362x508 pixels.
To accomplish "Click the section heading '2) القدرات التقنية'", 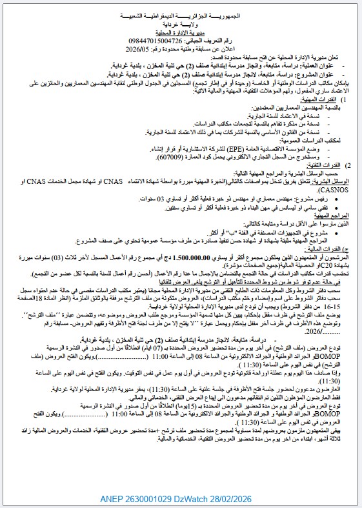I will coord(322,165).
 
